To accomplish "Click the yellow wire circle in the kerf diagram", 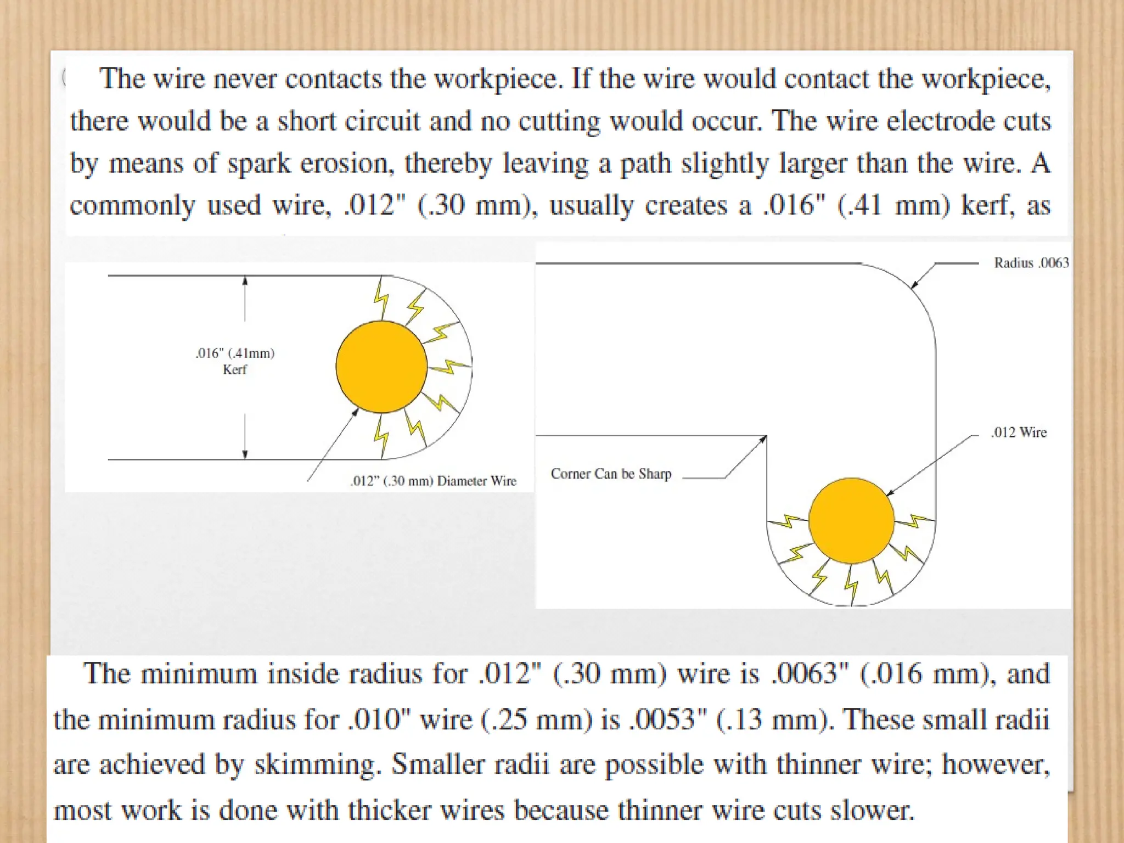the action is click(x=381, y=367).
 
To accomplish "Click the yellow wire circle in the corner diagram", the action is click(x=851, y=520).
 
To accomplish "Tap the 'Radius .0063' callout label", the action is click(x=1031, y=263).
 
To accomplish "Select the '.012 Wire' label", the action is click(x=1019, y=432).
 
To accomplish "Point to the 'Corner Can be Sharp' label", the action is click(x=611, y=474).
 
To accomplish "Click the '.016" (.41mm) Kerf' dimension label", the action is click(x=235, y=361).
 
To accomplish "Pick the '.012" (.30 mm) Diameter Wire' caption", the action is click(x=433, y=481).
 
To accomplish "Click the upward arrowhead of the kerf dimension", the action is click(x=245, y=280).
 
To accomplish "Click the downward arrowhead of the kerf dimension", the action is click(x=245, y=454).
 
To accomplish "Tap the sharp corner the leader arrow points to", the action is click(x=766, y=436).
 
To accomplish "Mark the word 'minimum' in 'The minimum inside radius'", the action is click(x=199, y=674).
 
